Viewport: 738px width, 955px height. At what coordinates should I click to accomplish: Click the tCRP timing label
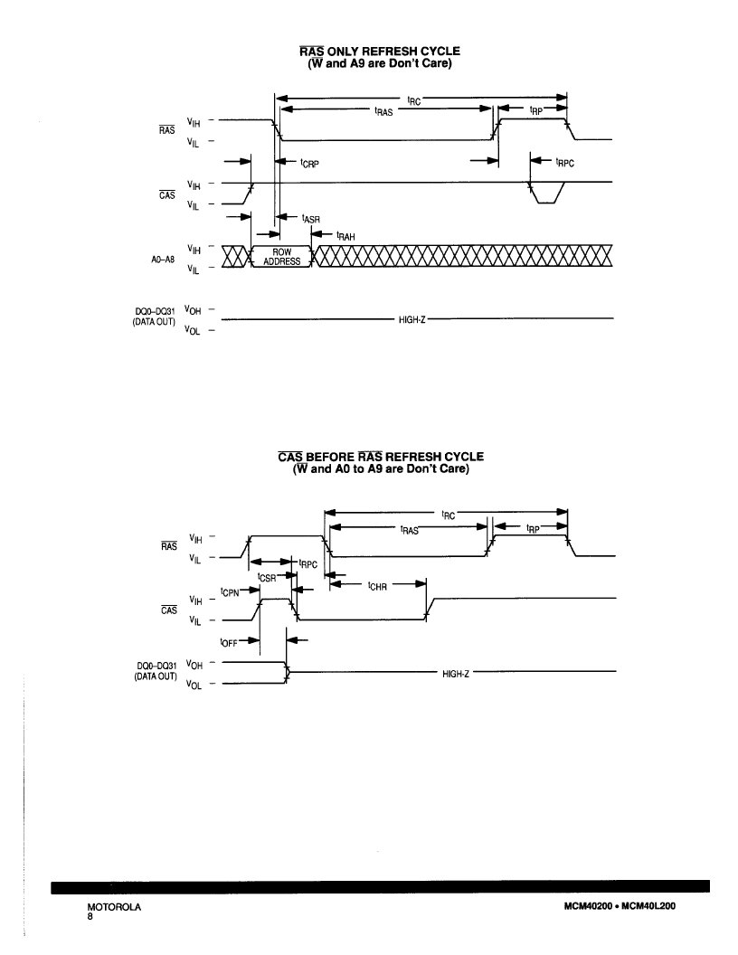click(x=309, y=163)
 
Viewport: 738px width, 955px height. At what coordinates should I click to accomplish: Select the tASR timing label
click(x=310, y=218)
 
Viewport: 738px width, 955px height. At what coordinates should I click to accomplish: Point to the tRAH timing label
click(x=345, y=236)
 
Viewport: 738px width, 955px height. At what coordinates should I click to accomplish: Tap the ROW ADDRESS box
click(x=281, y=257)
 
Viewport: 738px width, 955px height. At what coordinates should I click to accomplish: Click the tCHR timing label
click(x=377, y=586)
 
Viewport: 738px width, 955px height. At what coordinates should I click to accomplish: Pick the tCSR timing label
click(x=267, y=577)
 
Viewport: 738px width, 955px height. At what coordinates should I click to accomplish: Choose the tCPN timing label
click(x=230, y=592)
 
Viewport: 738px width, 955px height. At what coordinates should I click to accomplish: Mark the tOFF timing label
click(x=228, y=643)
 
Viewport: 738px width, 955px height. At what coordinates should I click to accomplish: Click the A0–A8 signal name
click(x=163, y=260)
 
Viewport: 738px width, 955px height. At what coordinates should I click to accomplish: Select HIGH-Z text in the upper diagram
click(x=412, y=319)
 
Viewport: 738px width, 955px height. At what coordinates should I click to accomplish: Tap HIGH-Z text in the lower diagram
click(x=456, y=674)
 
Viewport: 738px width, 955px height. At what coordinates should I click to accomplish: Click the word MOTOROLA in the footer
click(x=114, y=907)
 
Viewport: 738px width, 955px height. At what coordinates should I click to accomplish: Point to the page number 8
click(x=90, y=916)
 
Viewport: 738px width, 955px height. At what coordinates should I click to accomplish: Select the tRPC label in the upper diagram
click(x=564, y=163)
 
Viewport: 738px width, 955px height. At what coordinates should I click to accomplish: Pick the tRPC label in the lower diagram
click(x=308, y=564)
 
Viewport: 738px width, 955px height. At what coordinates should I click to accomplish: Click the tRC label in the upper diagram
click(x=414, y=100)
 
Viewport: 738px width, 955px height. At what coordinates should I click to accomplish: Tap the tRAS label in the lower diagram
click(x=409, y=530)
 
